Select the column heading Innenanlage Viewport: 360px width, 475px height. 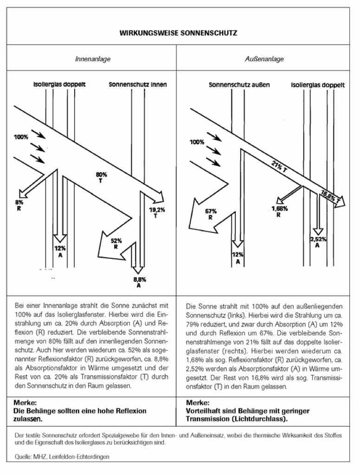(93, 59)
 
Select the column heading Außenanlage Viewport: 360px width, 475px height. (264, 59)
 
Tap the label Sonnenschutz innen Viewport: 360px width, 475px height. (138, 85)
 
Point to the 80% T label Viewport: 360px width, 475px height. (101, 177)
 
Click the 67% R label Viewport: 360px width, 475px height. (211, 214)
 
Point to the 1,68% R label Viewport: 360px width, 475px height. (279, 211)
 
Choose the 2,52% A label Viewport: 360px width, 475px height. (318, 242)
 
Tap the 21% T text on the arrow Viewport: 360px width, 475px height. (279, 167)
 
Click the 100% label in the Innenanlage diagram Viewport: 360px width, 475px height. (21, 137)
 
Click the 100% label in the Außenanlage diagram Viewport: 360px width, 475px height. (197, 141)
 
